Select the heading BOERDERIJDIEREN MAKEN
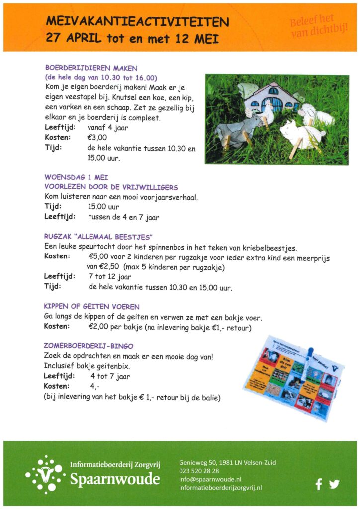click(x=91, y=68)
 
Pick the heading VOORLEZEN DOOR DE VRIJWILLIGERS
click(x=110, y=187)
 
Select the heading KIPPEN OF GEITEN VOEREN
click(x=92, y=307)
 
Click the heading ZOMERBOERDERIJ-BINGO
click(x=89, y=345)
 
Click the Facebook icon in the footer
click(x=319, y=483)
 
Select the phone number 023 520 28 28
click(x=199, y=471)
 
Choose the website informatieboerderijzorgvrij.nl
click(x=220, y=488)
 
